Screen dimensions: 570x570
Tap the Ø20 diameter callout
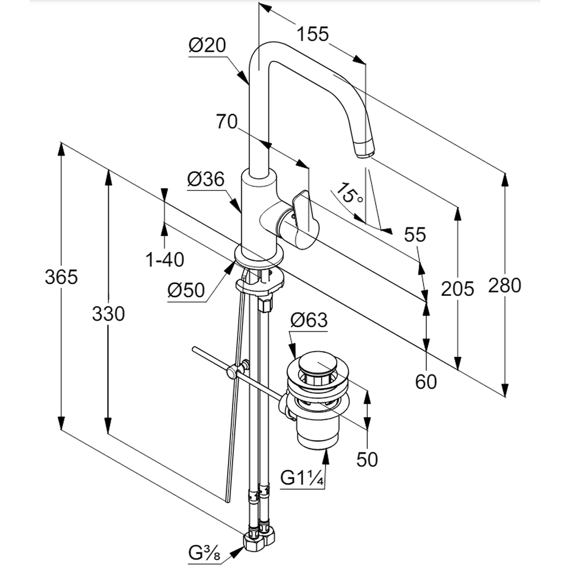click(207, 46)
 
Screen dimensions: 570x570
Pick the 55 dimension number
click(415, 234)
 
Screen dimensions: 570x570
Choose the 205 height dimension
click(457, 289)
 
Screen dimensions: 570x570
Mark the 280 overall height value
click(504, 285)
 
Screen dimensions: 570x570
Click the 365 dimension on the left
click(61, 278)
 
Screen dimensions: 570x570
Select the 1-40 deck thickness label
click(165, 260)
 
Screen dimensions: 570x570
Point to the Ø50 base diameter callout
click(186, 291)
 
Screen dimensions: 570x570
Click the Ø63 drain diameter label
click(309, 321)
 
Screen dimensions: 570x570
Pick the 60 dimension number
click(426, 381)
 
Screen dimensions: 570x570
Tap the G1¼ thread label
click(303, 478)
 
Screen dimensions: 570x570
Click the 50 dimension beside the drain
click(367, 459)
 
